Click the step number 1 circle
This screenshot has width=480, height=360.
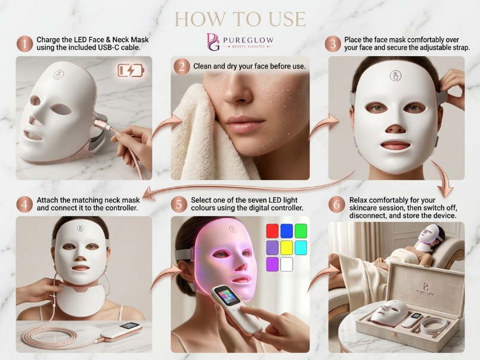click(x=25, y=44)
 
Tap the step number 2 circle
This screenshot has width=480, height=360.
click(x=181, y=66)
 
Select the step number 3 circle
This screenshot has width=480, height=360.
click(x=333, y=44)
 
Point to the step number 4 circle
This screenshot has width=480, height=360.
click(x=25, y=204)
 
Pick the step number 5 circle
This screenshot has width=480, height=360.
click(x=179, y=204)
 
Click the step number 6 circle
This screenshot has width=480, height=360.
click(x=337, y=204)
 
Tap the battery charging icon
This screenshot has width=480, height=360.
click(x=131, y=71)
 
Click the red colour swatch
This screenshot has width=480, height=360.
click(x=272, y=231)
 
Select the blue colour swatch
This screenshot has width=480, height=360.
click(x=287, y=231)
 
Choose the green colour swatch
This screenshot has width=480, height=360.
click(x=301, y=231)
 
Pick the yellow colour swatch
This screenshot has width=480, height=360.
click(x=287, y=248)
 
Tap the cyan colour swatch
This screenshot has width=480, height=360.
click(x=301, y=248)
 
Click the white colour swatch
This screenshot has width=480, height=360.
click(x=287, y=264)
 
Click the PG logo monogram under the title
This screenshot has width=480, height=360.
click(x=213, y=42)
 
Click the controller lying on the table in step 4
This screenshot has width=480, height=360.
click(x=122, y=331)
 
